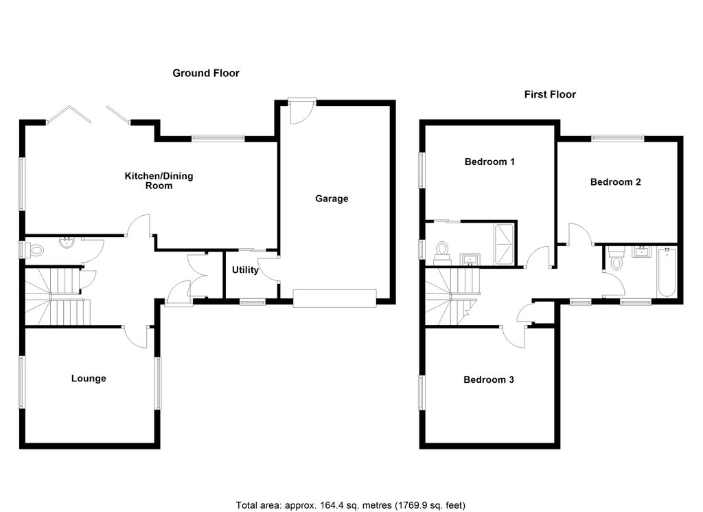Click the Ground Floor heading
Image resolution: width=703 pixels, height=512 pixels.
(x=205, y=73)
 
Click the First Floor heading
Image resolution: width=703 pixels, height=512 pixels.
(x=550, y=94)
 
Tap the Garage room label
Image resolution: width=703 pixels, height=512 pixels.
(x=332, y=199)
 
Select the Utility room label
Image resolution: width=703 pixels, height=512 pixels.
(x=245, y=270)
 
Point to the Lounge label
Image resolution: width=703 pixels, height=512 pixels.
(x=89, y=378)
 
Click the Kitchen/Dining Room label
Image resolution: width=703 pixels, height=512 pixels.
(x=159, y=181)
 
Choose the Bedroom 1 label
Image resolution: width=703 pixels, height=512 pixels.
(x=489, y=162)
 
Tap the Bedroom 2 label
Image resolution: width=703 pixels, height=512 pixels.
(x=616, y=182)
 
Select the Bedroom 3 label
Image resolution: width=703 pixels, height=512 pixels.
(x=489, y=379)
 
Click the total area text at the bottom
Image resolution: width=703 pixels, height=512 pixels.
(x=351, y=504)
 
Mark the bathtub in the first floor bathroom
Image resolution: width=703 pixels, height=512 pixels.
(x=666, y=273)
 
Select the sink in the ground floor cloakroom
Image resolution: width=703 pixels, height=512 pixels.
(x=67, y=243)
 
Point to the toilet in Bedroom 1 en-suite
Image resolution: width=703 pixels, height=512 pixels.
(x=441, y=252)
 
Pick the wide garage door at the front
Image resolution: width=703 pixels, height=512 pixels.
(x=335, y=297)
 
